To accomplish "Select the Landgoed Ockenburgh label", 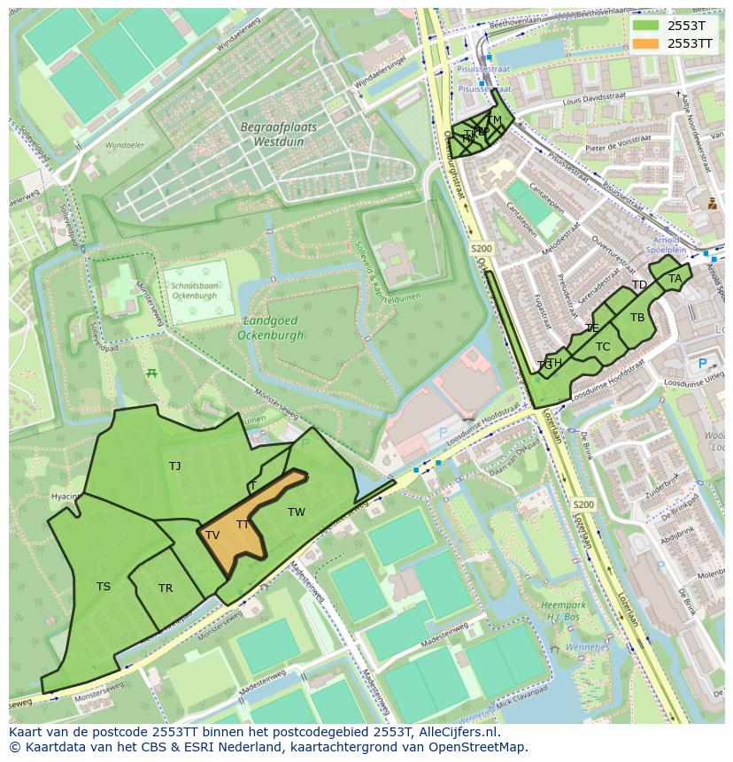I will click(270, 327).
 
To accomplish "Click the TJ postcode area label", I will click(174, 466).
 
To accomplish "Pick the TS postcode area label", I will click(104, 586).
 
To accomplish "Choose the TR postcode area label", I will click(166, 589).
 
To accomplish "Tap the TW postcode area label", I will click(296, 512).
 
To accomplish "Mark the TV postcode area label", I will click(212, 535).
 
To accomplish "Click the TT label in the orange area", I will click(243, 525).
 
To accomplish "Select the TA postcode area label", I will click(675, 278).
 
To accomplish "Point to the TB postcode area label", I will click(637, 318).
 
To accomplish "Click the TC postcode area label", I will click(603, 346).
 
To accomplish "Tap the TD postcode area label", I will click(639, 285).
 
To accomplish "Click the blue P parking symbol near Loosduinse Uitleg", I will click(703, 363).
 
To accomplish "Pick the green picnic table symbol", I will click(151, 373).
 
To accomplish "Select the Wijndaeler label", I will click(124, 144).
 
